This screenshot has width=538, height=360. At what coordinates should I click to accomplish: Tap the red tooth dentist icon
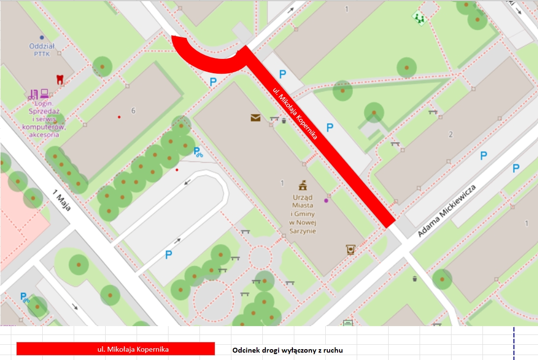coord(60,79)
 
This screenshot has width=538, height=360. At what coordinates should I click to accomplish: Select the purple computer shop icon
coord(39,94)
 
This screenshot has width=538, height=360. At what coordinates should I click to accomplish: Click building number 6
coord(133,111)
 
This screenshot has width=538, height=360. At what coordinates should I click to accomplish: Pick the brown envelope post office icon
coord(255,117)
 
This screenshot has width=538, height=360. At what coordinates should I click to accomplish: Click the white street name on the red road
coord(295,113)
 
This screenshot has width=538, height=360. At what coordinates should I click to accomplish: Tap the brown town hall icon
coord(303,185)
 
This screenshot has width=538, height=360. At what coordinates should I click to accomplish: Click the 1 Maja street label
coord(62,198)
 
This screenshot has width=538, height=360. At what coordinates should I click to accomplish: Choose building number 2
coord(450,135)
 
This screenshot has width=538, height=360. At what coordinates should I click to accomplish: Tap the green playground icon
coord(419,18)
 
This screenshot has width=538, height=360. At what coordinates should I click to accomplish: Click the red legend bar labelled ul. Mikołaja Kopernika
coord(115,349)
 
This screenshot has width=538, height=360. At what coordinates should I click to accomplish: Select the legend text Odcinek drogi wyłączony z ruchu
coord(287,350)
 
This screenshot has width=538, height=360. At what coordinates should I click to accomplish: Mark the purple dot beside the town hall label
coord(326,200)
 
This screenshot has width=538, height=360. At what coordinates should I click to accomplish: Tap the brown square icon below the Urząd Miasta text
coord(350,249)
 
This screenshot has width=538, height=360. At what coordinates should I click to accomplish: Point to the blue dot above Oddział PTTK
coord(42,37)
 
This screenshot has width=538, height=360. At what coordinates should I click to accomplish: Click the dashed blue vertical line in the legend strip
coord(514,343)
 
